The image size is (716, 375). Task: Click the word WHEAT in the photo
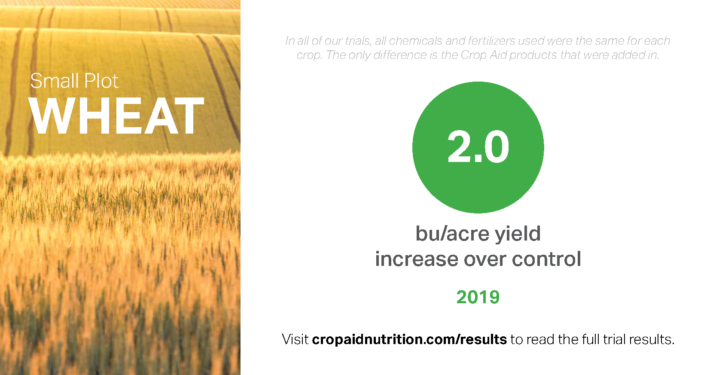point(116,116)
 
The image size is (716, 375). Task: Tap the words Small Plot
point(74,81)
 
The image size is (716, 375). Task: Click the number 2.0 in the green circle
point(478,147)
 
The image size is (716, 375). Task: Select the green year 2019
point(478,297)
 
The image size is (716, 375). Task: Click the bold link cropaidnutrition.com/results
point(409,340)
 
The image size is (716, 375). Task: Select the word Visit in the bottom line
point(295,340)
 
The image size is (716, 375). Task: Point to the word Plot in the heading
point(102,81)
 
